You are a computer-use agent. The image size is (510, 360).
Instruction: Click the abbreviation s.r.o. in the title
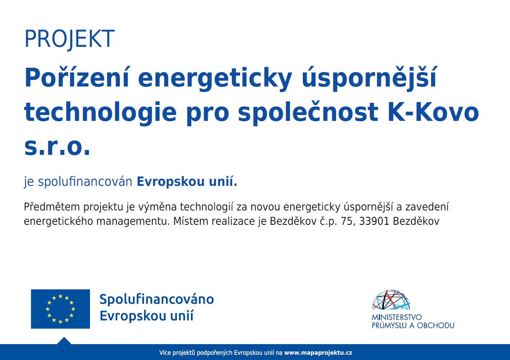click(x=57, y=147)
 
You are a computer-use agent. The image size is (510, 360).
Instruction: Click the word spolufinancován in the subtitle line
click(x=85, y=182)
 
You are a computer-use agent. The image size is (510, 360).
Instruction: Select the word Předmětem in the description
click(x=52, y=207)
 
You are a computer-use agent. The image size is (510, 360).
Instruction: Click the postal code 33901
click(x=374, y=221)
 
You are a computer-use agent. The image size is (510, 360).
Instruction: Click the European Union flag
click(x=60, y=309)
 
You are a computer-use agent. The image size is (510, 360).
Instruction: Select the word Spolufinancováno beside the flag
click(x=157, y=299)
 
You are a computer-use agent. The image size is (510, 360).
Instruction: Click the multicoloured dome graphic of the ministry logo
click(x=391, y=300)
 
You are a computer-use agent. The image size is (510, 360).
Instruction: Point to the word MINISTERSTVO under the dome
click(x=397, y=317)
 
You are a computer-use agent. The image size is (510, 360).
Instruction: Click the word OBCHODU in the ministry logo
click(x=435, y=325)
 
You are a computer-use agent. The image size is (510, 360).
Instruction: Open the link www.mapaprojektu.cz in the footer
click(x=318, y=353)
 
